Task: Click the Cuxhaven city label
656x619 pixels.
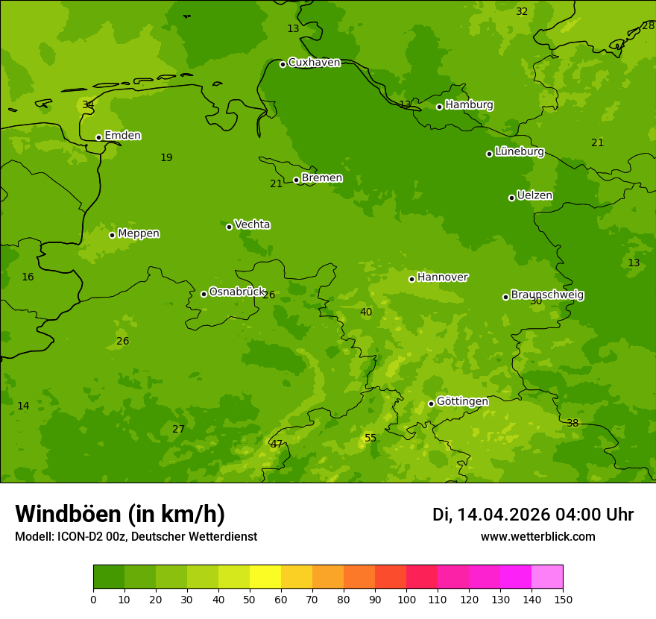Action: tap(314, 63)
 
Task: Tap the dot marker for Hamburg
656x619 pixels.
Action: tap(440, 107)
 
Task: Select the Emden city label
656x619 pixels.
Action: tap(122, 136)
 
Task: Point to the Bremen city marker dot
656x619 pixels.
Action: tap(296, 180)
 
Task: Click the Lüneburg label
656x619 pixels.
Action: tap(519, 151)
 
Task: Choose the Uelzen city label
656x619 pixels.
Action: tap(534, 196)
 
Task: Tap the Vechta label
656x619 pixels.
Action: tap(252, 224)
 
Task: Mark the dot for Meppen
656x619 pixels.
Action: tap(112, 235)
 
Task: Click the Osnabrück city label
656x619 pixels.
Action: tap(236, 292)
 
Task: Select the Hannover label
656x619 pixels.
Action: tap(442, 277)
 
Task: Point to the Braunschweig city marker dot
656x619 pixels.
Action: tap(505, 297)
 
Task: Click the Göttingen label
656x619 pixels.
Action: tap(462, 402)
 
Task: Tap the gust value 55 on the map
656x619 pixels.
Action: tap(370, 438)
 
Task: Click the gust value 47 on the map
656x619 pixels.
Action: tap(277, 444)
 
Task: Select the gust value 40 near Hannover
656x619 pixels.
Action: tap(366, 312)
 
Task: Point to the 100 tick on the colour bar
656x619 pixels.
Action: tap(406, 599)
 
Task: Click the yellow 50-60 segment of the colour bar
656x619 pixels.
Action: tap(265, 577)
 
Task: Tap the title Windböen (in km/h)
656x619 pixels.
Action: tap(120, 514)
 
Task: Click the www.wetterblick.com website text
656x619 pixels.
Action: tap(537, 537)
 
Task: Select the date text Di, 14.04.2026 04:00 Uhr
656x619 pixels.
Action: tap(532, 515)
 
